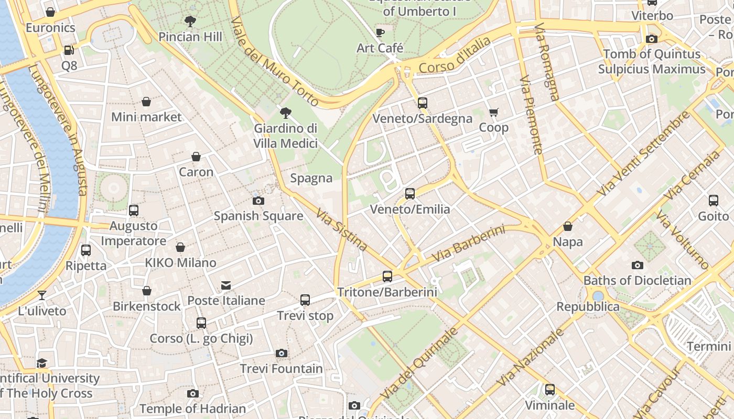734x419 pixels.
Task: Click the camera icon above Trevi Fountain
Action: click(282, 353)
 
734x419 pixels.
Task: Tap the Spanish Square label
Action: click(258, 216)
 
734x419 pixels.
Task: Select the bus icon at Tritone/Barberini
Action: click(387, 276)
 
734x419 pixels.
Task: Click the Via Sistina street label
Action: click(342, 229)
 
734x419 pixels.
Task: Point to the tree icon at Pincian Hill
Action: click(190, 21)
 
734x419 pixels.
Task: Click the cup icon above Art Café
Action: click(380, 33)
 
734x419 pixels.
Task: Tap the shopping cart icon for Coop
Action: click(493, 112)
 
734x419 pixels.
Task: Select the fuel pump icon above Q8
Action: click(69, 50)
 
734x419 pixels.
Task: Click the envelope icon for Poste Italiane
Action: click(226, 285)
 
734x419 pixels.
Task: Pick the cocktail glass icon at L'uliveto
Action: click(42, 295)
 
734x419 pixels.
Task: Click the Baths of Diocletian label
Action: click(637, 280)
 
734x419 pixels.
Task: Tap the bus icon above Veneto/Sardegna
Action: click(422, 103)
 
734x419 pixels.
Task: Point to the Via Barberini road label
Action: click(468, 244)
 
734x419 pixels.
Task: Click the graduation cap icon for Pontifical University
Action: click(42, 363)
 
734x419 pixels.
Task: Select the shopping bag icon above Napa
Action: click(567, 226)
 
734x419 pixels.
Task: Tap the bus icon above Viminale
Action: click(549, 390)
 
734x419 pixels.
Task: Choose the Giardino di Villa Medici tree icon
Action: click(285, 113)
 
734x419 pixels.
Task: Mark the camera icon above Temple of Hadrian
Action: click(192, 393)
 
